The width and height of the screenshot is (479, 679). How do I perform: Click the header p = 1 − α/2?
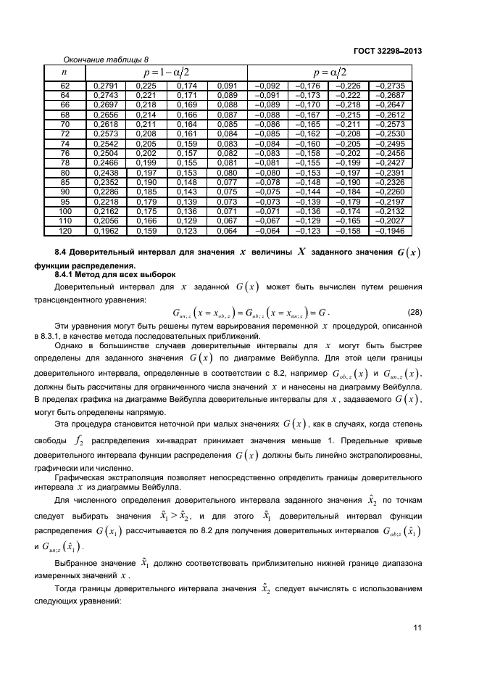click(166, 72)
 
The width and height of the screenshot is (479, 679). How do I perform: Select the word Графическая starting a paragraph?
click(79, 479)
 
